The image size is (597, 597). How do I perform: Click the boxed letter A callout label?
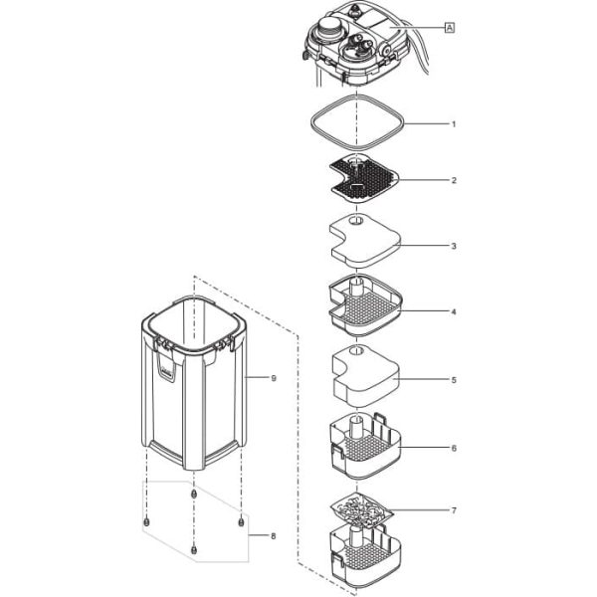(x=449, y=30)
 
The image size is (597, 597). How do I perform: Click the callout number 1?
(x=454, y=124)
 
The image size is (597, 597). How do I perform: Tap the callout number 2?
(x=454, y=181)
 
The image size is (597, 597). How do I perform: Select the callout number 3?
(x=454, y=245)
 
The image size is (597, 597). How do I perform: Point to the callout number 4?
(x=454, y=312)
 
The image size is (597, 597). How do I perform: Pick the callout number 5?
(x=454, y=379)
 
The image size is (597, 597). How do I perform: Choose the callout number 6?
(x=454, y=449)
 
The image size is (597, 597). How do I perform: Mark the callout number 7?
(x=454, y=510)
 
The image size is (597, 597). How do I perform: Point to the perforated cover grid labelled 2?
(x=360, y=178)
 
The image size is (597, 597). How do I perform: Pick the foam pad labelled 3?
(x=362, y=240)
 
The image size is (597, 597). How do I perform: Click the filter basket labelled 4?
(x=362, y=305)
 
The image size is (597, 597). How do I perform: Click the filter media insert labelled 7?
(x=363, y=511)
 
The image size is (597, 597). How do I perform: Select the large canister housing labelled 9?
(x=194, y=388)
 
